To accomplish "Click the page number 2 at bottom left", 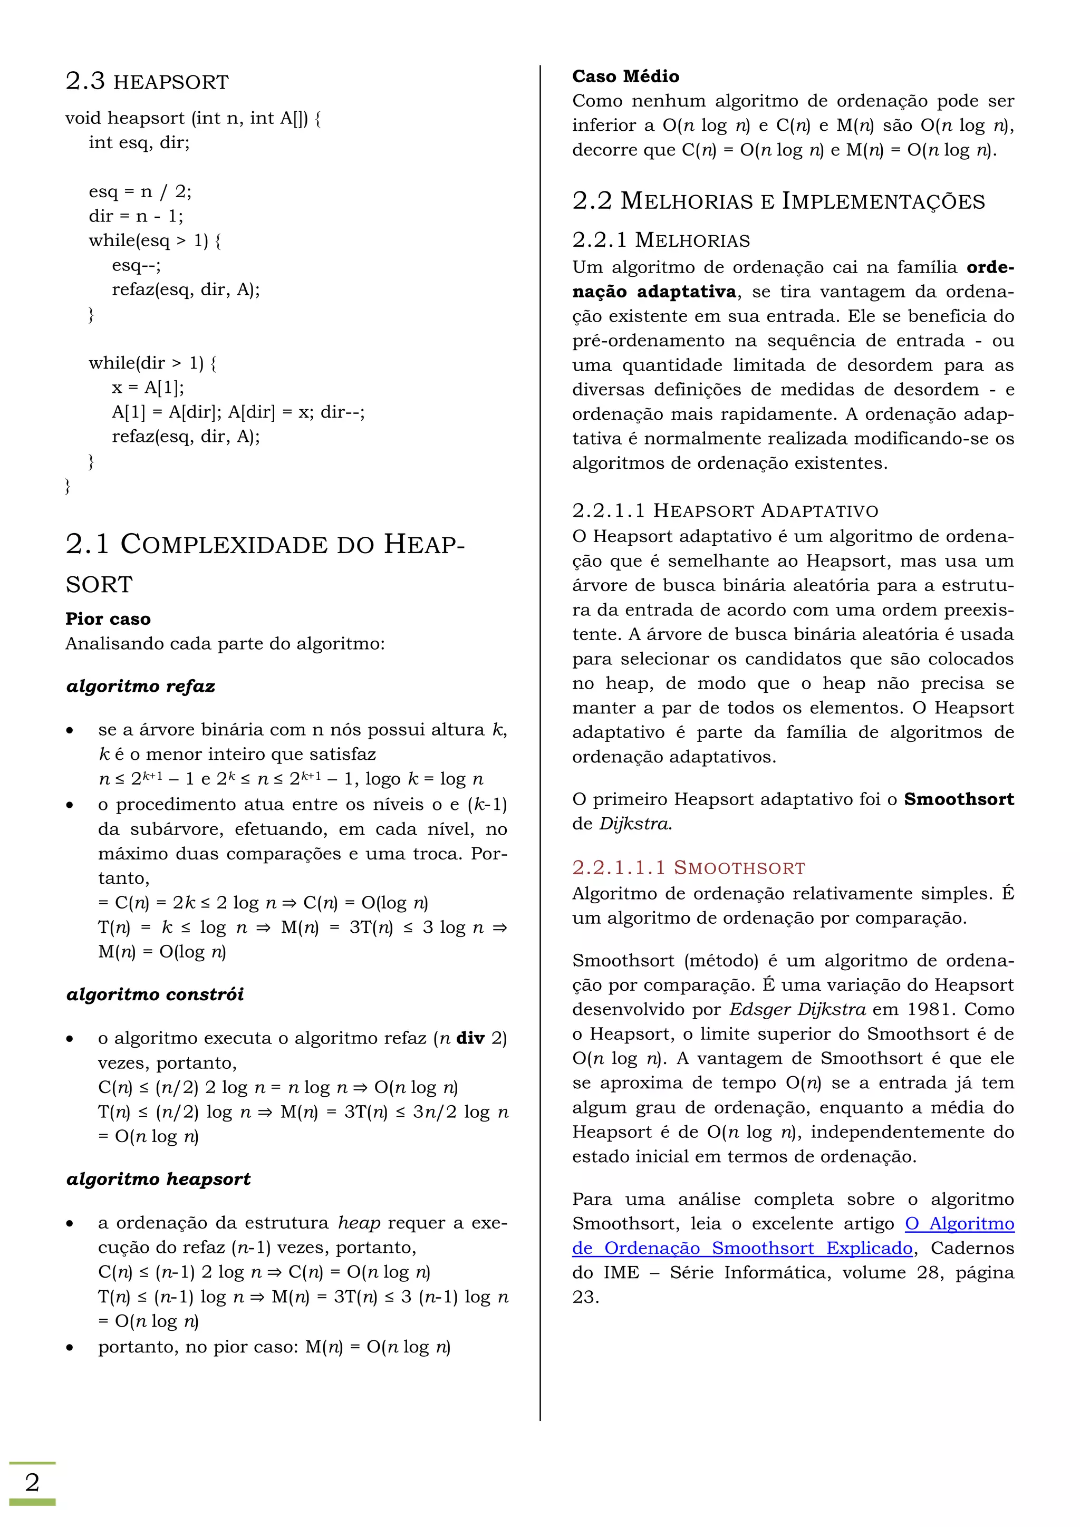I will click(32, 1482).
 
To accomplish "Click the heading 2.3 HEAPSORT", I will click(147, 81).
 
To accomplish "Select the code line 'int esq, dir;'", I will click(139, 142).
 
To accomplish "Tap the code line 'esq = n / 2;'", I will click(140, 191).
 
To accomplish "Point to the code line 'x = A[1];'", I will click(148, 387).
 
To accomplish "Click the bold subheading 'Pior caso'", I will click(108, 618).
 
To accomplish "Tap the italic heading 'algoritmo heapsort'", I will click(158, 1178).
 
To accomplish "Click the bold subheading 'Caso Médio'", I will click(625, 76).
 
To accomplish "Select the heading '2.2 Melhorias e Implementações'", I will click(778, 201).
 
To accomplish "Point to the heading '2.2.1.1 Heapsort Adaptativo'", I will click(725, 511).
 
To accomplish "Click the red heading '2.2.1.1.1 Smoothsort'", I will click(688, 867).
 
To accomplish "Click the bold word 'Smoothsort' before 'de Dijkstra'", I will click(958, 799).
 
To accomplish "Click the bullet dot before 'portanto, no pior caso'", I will click(70, 1347).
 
